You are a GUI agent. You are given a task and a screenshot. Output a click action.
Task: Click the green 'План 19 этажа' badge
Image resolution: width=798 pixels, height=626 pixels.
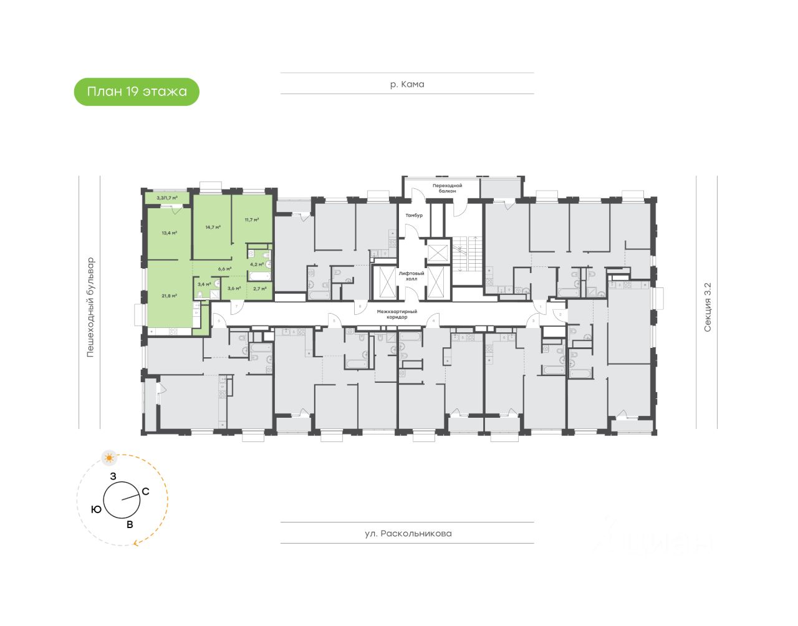coord(137,92)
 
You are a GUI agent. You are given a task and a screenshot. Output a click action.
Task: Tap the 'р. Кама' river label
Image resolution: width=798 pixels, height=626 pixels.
coord(407,84)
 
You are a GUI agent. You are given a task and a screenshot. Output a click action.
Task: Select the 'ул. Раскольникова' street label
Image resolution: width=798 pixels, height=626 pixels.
coord(408,533)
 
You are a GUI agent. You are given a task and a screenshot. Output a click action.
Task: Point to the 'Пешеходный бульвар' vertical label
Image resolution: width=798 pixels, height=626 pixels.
coord(90,307)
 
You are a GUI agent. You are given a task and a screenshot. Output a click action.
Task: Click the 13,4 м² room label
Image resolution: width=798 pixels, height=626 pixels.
coord(169,233)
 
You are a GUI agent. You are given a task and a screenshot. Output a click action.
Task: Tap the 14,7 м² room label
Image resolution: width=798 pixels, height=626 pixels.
coord(213,227)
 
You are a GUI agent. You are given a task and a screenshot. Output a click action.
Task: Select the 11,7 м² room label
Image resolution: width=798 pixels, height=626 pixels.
coord(251,219)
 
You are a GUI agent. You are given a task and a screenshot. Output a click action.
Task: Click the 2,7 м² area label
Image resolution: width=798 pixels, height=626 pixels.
coord(259,288)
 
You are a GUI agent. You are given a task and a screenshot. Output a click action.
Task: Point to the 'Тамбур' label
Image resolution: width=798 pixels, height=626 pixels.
coord(414,215)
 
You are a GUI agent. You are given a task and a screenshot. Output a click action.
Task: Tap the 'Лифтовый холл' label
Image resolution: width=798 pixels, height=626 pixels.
coord(411,276)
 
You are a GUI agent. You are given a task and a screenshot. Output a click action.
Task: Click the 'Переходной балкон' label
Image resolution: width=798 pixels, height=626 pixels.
coord(448,188)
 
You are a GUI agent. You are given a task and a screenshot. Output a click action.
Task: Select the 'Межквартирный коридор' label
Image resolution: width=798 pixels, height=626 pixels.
coord(397,314)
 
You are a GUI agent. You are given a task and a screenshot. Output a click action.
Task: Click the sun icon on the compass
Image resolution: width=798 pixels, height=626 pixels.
coord(110,458)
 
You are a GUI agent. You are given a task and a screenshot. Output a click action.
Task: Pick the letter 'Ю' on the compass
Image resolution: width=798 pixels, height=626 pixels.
coord(96,509)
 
